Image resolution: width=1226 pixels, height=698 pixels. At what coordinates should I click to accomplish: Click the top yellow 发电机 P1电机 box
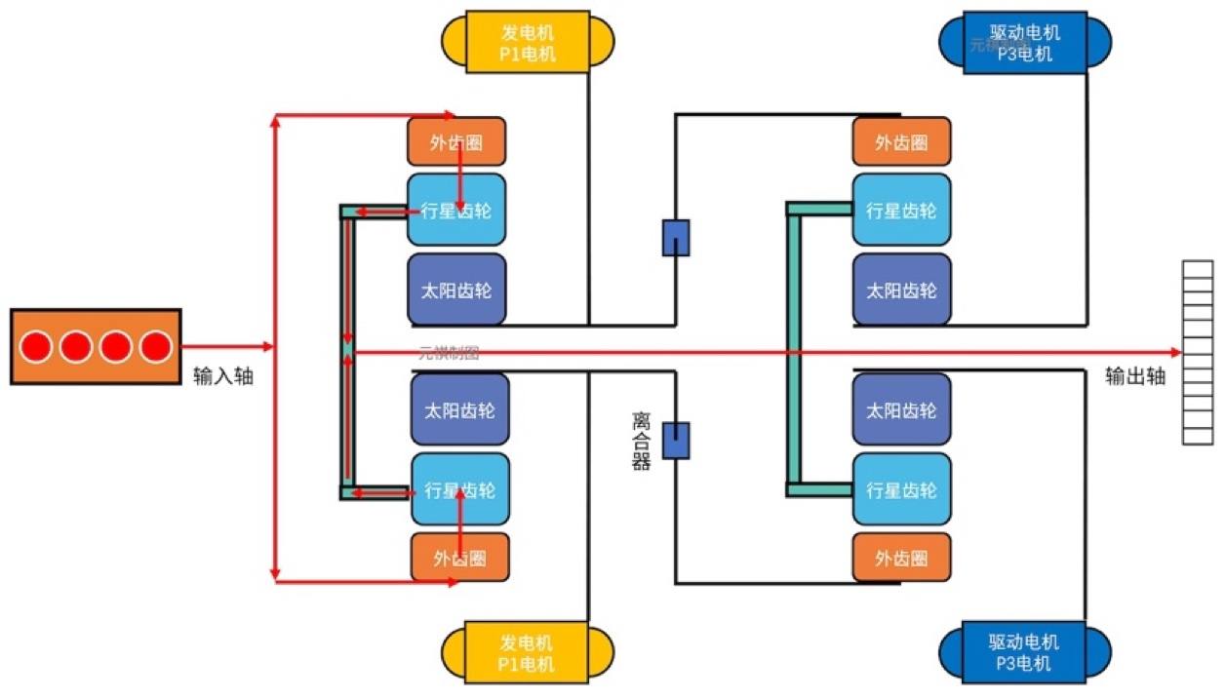point(528,42)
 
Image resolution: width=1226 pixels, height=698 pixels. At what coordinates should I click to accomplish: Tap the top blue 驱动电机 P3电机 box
point(1024,42)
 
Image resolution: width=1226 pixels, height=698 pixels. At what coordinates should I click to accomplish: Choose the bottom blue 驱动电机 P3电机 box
point(1024,651)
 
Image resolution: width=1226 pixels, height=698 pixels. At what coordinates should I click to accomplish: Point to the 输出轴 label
point(1135,376)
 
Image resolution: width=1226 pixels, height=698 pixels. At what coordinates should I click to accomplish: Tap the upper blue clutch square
point(676,238)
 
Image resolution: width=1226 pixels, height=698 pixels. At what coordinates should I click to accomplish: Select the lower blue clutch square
point(676,440)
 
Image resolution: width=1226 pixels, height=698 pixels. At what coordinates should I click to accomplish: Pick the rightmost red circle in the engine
point(155,346)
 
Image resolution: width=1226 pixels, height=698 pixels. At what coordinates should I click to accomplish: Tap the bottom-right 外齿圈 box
point(900,558)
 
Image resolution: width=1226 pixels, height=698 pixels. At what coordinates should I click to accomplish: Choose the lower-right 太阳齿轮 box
point(900,409)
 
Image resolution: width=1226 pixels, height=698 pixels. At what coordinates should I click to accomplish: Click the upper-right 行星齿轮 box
point(900,210)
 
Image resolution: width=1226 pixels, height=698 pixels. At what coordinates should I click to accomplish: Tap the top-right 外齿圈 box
point(900,142)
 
